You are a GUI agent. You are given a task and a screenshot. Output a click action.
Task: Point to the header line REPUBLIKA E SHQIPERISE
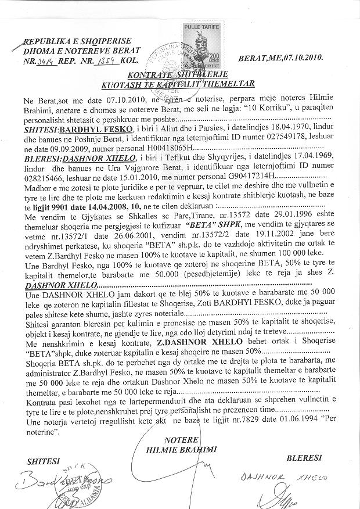coord(77,42)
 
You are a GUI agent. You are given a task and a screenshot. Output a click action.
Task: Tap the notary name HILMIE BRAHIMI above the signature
coord(182,449)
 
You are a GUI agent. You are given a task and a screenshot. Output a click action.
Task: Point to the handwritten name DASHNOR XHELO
coord(273,476)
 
